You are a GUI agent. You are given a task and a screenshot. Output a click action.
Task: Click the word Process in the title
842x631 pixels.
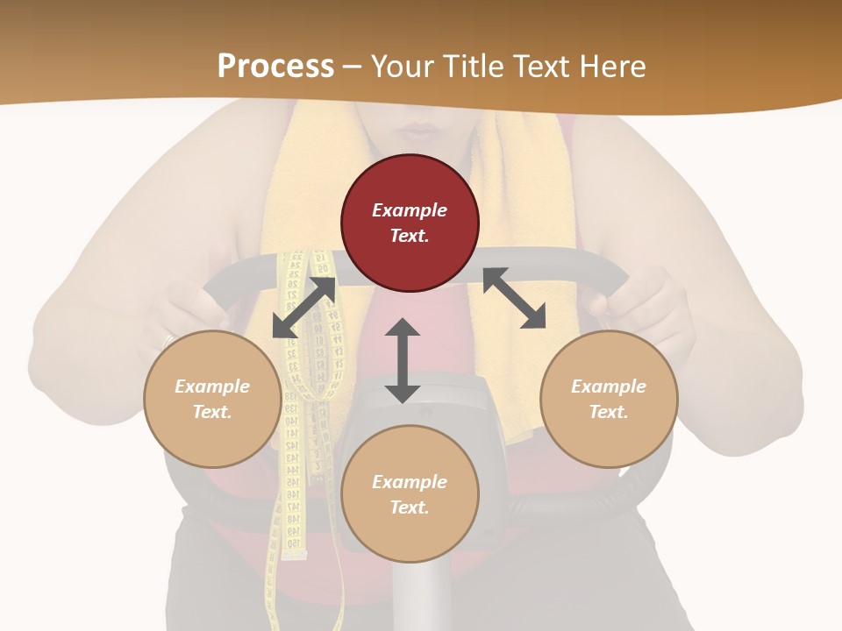[x=275, y=67]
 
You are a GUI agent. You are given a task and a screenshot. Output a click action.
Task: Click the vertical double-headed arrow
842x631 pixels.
[x=403, y=360]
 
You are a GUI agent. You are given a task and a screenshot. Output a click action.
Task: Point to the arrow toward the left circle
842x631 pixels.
[x=303, y=308]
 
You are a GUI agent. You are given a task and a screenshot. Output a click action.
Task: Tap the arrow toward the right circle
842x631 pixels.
[x=514, y=298]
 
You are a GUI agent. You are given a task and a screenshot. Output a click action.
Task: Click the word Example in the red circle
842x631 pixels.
[x=410, y=210]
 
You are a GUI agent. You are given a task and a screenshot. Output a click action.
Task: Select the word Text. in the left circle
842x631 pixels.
[x=212, y=412]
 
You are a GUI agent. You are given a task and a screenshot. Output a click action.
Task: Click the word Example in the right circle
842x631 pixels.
[x=609, y=386]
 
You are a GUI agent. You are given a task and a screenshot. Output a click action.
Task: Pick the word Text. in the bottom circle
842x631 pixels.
[x=410, y=507]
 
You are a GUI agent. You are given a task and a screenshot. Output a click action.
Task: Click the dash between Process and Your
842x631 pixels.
[x=352, y=67]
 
